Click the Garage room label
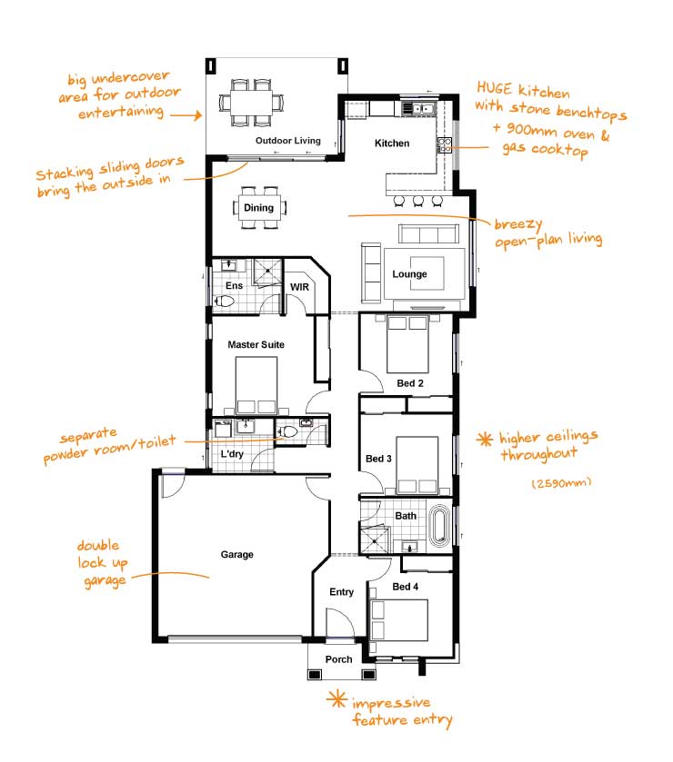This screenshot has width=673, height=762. (237, 555)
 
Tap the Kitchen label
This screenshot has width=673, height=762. (392, 143)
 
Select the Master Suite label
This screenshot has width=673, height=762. (256, 344)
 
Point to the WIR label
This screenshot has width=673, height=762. (299, 287)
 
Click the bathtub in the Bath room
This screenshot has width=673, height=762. (439, 525)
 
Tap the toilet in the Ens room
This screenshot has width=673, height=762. (225, 302)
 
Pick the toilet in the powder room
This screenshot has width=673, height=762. (287, 432)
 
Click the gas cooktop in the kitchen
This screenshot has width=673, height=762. (445, 145)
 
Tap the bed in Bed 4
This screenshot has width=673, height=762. (399, 620)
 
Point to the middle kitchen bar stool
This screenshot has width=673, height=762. (418, 200)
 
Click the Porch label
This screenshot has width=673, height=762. (338, 659)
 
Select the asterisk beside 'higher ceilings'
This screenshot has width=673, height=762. (485, 440)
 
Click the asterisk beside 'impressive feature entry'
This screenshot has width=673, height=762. (336, 699)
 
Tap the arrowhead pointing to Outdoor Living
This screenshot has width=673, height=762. (197, 115)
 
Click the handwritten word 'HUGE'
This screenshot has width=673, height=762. (494, 88)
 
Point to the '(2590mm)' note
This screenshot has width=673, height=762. (561, 482)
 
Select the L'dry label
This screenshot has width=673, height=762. (232, 454)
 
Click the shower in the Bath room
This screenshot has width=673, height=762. (375, 540)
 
